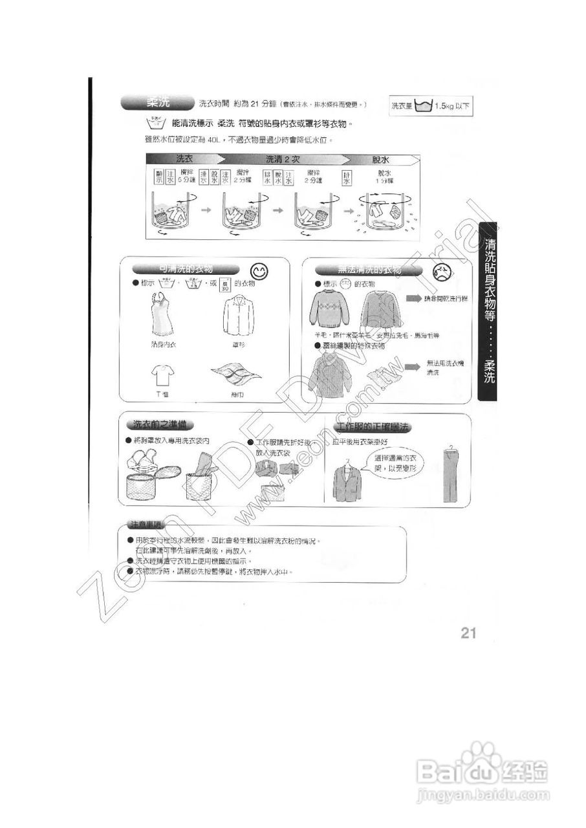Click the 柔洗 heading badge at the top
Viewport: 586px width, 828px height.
click(157, 102)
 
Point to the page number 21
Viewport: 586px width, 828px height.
click(469, 633)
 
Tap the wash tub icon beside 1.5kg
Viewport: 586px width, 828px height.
click(423, 105)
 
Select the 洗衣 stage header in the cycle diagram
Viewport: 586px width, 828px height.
click(184, 159)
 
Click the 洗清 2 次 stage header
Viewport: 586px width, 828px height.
click(286, 159)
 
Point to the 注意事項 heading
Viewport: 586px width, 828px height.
click(146, 523)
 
